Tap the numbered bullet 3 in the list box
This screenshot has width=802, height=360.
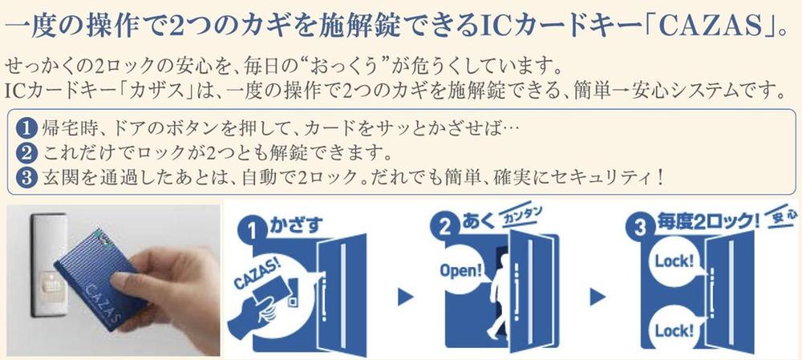click(25, 176)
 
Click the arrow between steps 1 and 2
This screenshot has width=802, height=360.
click(406, 297)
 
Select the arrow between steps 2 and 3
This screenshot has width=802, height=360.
click(597, 297)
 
